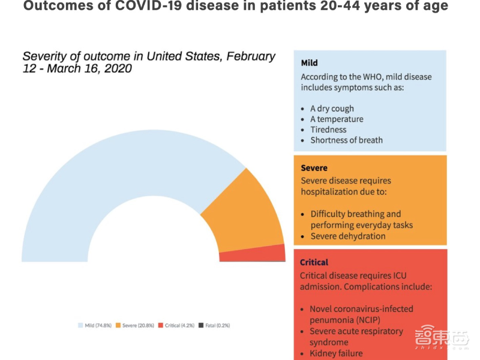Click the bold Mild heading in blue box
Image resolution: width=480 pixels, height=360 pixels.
310,62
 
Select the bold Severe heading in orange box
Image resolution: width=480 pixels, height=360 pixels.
314,168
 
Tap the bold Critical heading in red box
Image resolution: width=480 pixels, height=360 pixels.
314,262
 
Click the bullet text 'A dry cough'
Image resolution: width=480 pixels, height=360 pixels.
332,109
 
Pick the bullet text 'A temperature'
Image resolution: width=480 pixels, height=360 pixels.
337,119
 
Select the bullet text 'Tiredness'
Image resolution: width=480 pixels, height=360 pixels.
328,130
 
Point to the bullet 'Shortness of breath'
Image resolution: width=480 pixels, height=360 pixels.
346,140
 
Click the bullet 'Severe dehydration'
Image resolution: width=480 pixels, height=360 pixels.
347,236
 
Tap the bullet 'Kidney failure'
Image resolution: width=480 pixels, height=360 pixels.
336,353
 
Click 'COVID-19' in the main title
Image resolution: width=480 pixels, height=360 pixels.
134,7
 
